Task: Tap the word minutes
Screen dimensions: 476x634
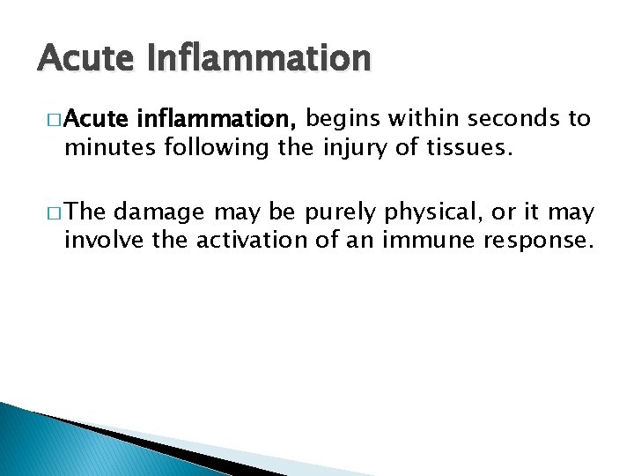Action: coord(105,146)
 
